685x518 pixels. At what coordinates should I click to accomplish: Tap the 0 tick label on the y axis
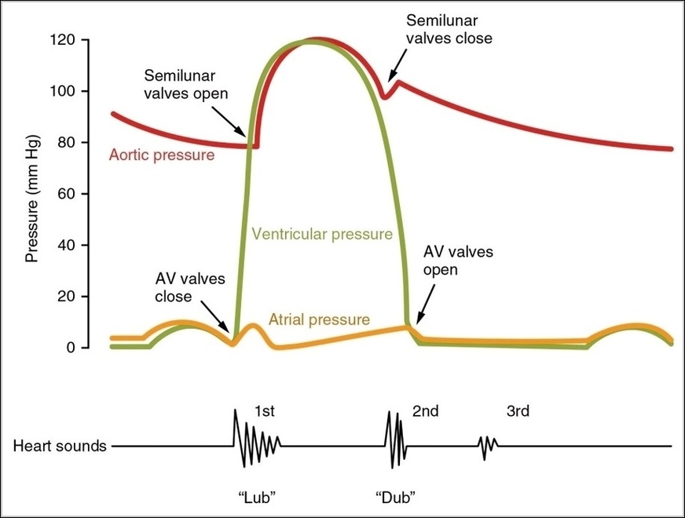pos(71,348)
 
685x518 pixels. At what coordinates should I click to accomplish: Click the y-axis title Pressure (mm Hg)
pos(32,194)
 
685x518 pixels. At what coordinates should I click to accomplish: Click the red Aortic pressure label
pos(160,155)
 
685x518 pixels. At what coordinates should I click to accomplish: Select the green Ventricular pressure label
pos(321,234)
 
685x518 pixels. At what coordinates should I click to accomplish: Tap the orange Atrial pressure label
pos(318,319)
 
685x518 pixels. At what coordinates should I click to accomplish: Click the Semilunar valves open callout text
pos(186,84)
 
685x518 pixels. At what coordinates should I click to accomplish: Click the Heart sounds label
pos(60,447)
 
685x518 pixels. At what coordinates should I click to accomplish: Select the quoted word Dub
pos(395,497)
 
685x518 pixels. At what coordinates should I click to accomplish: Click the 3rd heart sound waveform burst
pos(488,447)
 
